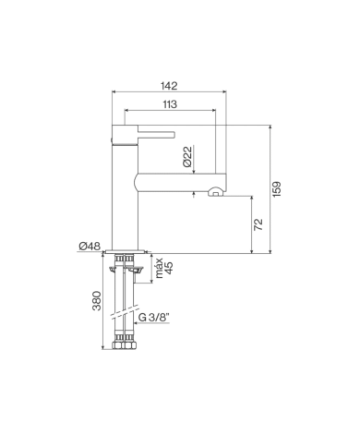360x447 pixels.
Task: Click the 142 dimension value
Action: pos(169,85)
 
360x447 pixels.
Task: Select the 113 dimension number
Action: pos(169,103)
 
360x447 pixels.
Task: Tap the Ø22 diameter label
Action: pos(187,156)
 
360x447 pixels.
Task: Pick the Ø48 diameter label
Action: pos(90,246)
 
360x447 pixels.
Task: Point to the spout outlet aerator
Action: pos(216,193)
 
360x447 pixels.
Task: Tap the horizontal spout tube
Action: pos(180,180)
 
